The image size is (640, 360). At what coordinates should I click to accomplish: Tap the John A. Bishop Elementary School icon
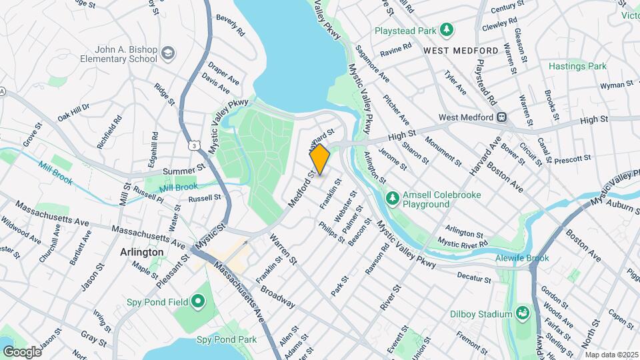click(x=169, y=52)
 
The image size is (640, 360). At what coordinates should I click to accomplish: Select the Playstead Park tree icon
click(x=447, y=30)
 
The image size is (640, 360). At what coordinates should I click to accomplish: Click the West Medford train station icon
click(x=502, y=117)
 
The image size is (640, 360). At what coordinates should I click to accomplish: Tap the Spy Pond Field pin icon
click(x=198, y=302)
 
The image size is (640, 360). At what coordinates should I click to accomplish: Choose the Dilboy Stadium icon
click(x=522, y=313)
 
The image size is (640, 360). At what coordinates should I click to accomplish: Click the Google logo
click(x=21, y=351)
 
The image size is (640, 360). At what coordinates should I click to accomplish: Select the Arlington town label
click(x=141, y=252)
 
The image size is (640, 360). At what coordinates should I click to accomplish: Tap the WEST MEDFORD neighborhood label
click(x=461, y=51)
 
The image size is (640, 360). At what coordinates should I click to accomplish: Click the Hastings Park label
click(x=577, y=66)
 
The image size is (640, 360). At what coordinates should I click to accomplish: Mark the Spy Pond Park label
click(x=227, y=339)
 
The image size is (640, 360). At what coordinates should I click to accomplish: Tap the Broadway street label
click(x=277, y=298)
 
